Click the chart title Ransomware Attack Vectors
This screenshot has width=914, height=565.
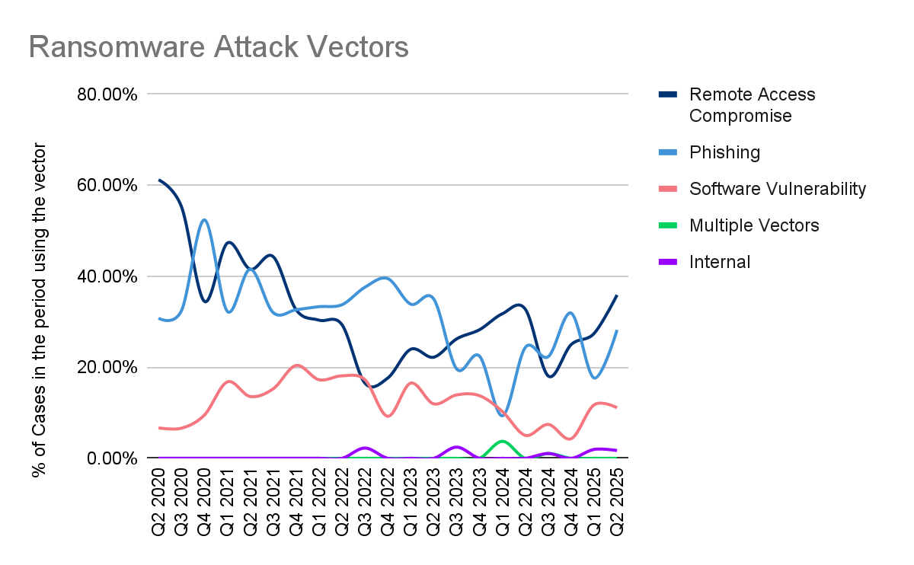[x=219, y=47]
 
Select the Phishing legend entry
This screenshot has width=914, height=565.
[x=724, y=152]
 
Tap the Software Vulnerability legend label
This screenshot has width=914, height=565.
[x=777, y=189]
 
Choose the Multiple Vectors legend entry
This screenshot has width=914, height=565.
[x=754, y=225]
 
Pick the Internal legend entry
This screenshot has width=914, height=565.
[x=720, y=262]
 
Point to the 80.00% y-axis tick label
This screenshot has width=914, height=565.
[x=107, y=94]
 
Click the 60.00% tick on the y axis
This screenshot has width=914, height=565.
[x=107, y=185]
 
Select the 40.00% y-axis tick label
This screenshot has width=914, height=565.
[x=107, y=276]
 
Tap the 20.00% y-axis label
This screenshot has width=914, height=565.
[x=107, y=368]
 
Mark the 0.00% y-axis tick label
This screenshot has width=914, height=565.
[x=111, y=458]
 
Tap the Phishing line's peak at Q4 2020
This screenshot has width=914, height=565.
[x=204, y=220]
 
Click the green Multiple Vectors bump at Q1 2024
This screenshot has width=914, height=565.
[x=500, y=442]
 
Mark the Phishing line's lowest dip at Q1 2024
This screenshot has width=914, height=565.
[x=502, y=415]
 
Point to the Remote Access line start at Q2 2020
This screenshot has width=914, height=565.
[x=159, y=180]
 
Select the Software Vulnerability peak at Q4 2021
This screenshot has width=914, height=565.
[x=296, y=365]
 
